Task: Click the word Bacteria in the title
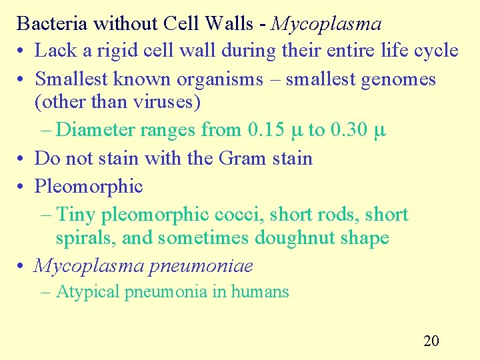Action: point(53,24)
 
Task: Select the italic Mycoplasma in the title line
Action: point(327,24)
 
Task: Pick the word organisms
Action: point(220,79)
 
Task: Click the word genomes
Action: point(398,79)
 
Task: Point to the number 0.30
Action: point(348,129)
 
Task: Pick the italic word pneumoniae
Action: point(201,266)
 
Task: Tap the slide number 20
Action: point(431,341)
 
